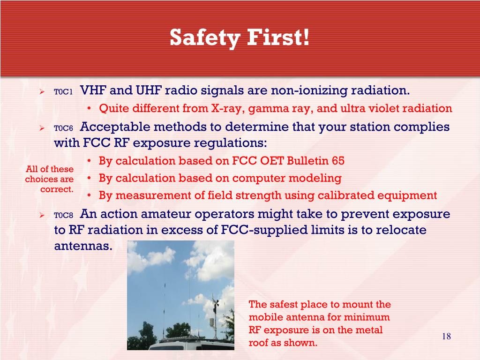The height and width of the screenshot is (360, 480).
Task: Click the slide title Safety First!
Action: point(240,37)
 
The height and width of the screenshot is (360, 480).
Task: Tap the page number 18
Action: point(446,337)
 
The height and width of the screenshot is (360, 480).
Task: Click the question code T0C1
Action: point(63,91)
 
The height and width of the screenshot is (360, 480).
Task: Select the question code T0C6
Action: point(63,128)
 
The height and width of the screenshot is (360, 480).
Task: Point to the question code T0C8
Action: point(63,215)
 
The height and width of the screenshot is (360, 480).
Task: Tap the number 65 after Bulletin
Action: point(338,161)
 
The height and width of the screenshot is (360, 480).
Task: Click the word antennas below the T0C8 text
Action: point(83,246)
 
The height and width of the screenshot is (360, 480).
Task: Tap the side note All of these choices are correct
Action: point(49,179)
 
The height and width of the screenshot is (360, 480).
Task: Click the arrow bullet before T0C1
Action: point(42,91)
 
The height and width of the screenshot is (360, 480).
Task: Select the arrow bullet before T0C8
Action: point(42,215)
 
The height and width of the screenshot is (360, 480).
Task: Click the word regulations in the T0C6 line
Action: point(230,143)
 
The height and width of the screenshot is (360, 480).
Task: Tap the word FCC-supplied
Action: point(264,230)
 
